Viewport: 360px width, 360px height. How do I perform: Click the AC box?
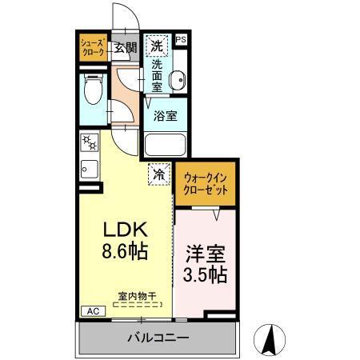[91, 311]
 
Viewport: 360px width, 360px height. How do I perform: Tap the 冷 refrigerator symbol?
[158, 174]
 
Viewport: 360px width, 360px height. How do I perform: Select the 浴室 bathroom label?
[166, 115]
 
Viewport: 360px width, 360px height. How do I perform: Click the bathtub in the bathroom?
[166, 145]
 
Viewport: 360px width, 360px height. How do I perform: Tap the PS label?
[181, 39]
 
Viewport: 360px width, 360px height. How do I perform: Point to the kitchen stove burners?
[88, 144]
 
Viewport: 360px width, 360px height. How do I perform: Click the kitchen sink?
[88, 170]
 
